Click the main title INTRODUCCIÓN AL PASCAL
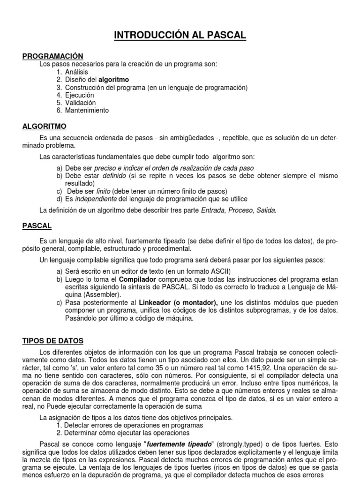click(x=180, y=36)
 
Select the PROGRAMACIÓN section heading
click(x=53, y=56)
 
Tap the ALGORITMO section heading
click(x=45, y=127)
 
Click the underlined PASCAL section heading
click(x=37, y=226)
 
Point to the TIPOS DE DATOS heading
click(x=53, y=341)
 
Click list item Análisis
click(x=76, y=72)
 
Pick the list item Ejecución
click(x=80, y=95)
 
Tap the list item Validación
click(x=80, y=103)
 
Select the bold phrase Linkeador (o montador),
click(x=179, y=303)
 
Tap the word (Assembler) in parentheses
click(x=86, y=295)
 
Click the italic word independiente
click(x=96, y=199)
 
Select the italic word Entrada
click(x=212, y=210)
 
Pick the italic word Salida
click(x=266, y=210)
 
